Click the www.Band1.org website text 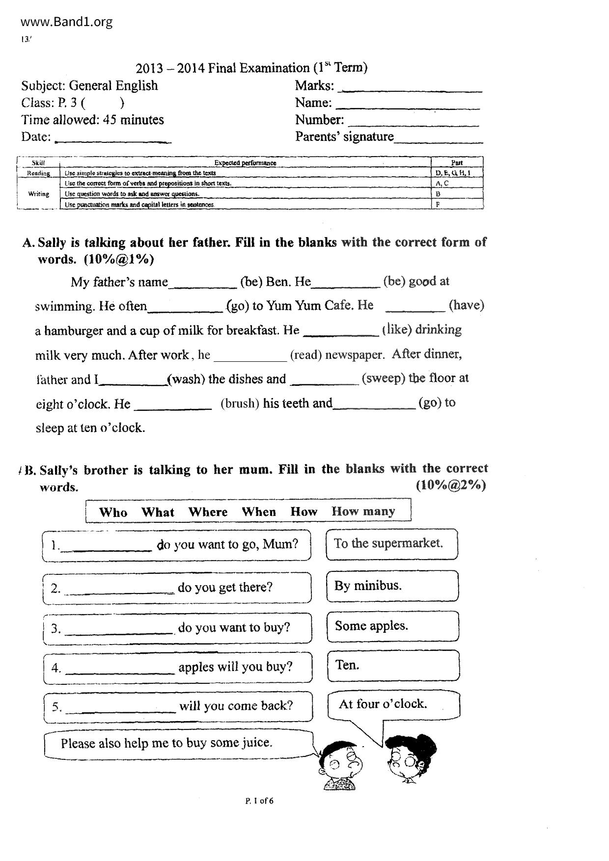click(x=67, y=22)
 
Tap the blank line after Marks click(x=412, y=90)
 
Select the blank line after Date click(x=112, y=140)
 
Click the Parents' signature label click(x=344, y=136)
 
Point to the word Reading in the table click(x=38, y=173)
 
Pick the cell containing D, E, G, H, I click(x=452, y=173)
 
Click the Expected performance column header click(x=245, y=163)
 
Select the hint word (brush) click(x=240, y=404)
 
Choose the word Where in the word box click(x=208, y=512)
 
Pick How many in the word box click(x=363, y=511)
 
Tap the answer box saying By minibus click(x=392, y=586)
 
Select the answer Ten click(x=347, y=665)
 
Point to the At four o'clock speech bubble click(x=393, y=704)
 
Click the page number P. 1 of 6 click(x=259, y=801)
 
